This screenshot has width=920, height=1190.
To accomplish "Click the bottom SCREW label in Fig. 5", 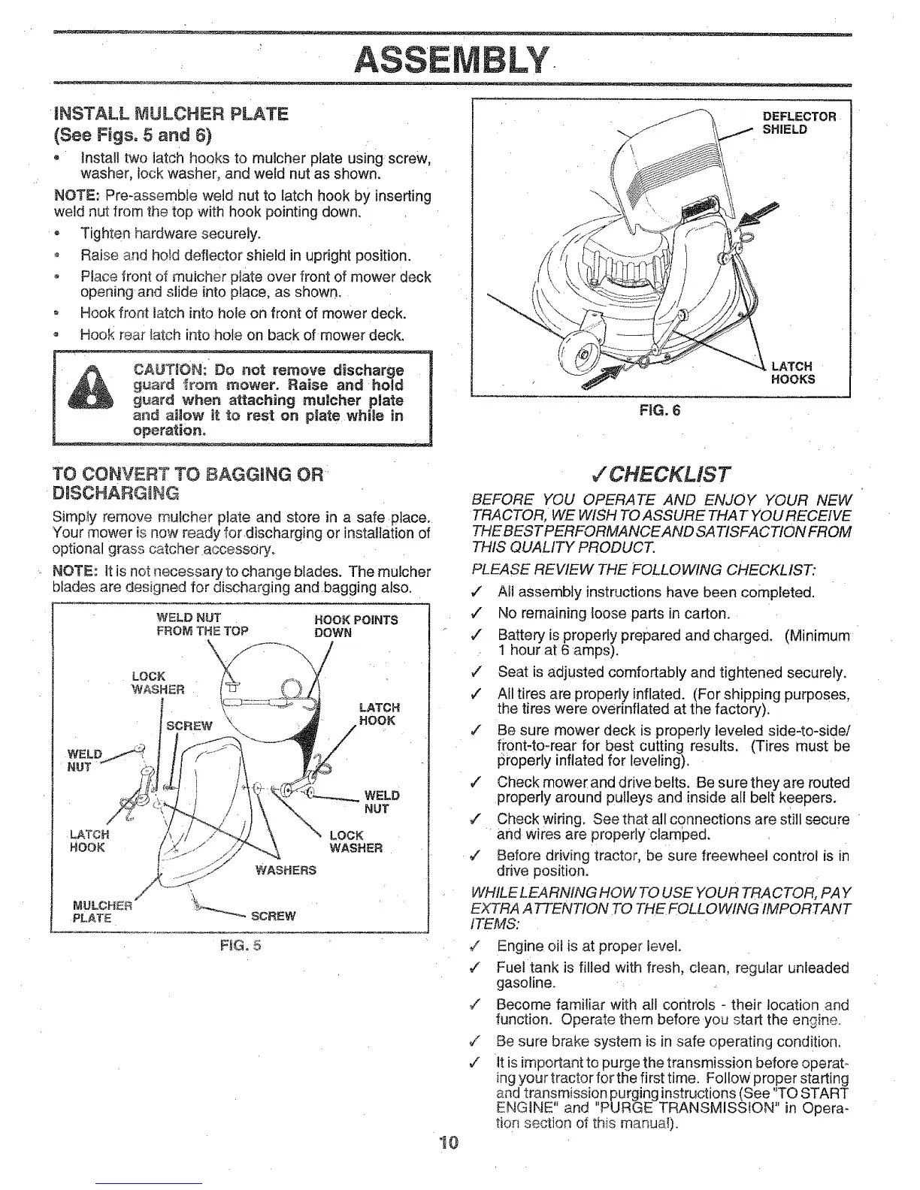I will (x=273, y=916).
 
